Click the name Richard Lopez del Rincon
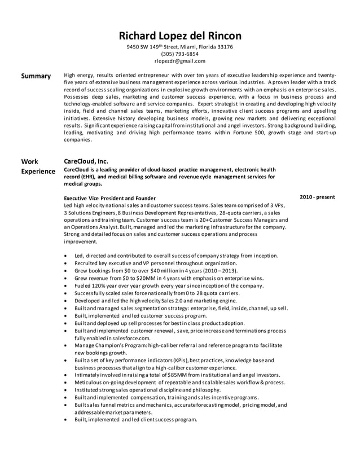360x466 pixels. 179,35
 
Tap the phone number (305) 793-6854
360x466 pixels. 179,54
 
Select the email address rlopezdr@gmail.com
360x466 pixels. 179,61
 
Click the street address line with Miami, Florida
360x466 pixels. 179,47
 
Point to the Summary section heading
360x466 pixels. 36,76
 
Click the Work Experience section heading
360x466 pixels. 38,166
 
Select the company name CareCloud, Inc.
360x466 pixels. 86,161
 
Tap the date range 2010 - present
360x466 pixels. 317,197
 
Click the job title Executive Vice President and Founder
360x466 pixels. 110,199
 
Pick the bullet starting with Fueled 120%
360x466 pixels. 169,285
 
